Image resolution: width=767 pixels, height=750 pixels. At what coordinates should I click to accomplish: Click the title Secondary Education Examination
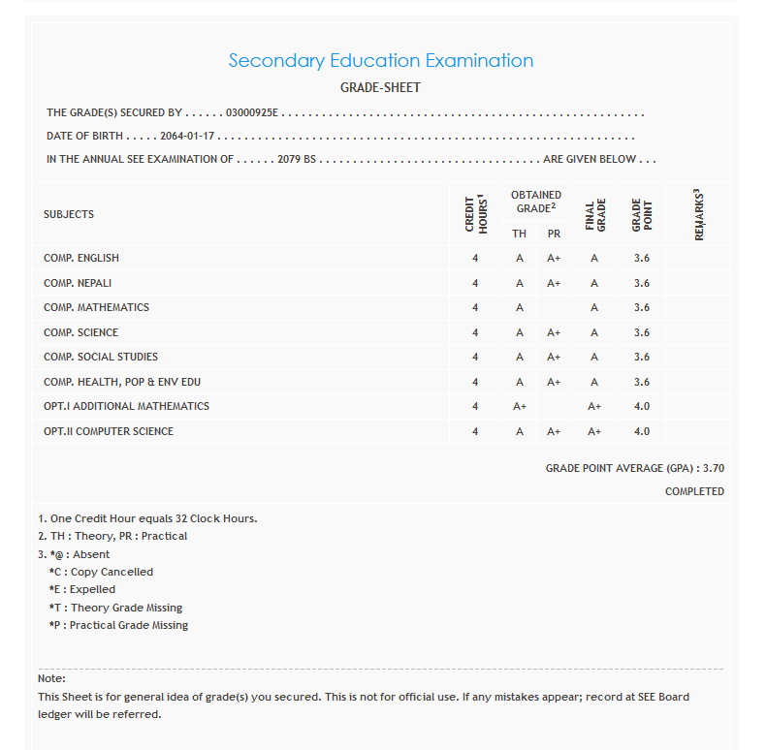(x=380, y=60)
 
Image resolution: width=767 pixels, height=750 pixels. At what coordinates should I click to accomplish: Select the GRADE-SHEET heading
(x=380, y=88)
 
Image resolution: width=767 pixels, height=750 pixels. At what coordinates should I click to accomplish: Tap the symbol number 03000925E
(x=251, y=113)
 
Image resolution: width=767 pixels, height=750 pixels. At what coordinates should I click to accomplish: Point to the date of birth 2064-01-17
(x=187, y=137)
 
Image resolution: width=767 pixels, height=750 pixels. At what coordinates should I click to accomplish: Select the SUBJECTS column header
(x=69, y=214)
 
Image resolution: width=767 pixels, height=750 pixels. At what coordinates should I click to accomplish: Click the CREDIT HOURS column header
(x=475, y=213)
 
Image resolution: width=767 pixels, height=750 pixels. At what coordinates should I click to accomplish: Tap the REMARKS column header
(x=698, y=214)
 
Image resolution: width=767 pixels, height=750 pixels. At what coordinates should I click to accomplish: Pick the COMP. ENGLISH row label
(x=81, y=258)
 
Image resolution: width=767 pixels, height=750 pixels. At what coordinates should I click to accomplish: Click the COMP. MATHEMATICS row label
(x=96, y=307)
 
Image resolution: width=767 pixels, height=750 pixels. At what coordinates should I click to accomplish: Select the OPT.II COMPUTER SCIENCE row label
(x=109, y=431)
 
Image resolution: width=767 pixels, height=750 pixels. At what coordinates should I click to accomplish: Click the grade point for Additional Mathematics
(x=641, y=407)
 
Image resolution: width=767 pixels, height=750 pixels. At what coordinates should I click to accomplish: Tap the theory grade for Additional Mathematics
(x=520, y=407)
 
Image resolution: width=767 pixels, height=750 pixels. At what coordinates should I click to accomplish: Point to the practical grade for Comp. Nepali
(x=554, y=283)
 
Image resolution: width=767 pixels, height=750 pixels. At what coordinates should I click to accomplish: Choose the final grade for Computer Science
(x=594, y=431)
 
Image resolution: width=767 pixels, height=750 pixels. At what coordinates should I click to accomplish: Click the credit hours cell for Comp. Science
(x=475, y=332)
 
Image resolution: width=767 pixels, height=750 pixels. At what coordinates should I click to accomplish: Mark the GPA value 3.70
(x=714, y=468)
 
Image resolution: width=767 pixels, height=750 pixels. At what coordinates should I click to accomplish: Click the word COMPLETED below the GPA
(x=694, y=491)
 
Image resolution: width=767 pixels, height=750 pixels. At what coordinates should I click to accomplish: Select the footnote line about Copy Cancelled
(x=101, y=572)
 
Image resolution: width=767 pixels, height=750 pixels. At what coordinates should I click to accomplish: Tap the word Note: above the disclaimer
(x=51, y=678)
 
